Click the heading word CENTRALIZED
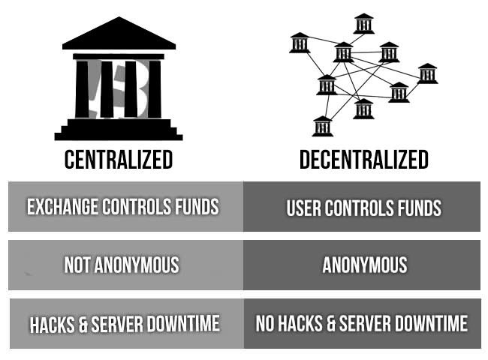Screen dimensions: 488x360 point(119,160)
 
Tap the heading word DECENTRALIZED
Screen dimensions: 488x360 point(364,160)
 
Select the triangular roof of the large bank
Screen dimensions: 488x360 point(119,34)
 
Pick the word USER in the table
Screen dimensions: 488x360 point(304,208)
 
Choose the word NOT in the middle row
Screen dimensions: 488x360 point(77,265)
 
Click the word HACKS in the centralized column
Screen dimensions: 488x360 point(52,324)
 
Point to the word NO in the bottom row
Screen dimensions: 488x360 point(264,323)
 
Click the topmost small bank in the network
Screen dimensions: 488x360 point(363,23)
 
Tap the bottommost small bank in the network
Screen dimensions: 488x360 point(322,126)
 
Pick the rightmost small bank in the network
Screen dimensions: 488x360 point(427,73)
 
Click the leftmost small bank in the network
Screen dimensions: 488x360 point(300,43)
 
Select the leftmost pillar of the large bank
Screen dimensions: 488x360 point(82,89)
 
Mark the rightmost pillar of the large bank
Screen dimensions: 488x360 point(155,89)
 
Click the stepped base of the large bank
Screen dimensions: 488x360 point(119,130)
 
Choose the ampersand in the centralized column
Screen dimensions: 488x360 point(83,324)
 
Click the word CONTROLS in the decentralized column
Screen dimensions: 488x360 point(359,208)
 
